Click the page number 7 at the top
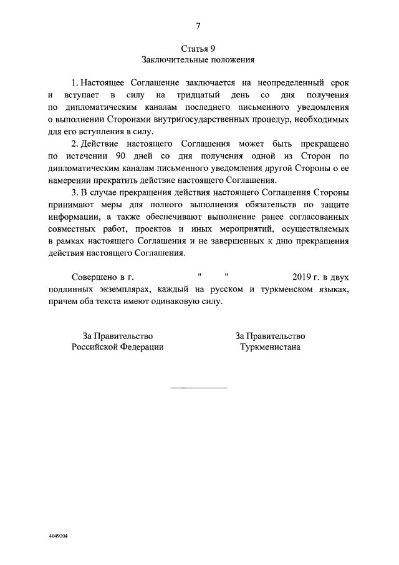point(198,26)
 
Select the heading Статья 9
point(198,48)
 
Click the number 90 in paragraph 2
point(113,155)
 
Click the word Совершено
point(94,277)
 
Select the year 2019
point(302,277)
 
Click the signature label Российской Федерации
point(118,347)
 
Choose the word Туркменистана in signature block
point(270,347)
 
